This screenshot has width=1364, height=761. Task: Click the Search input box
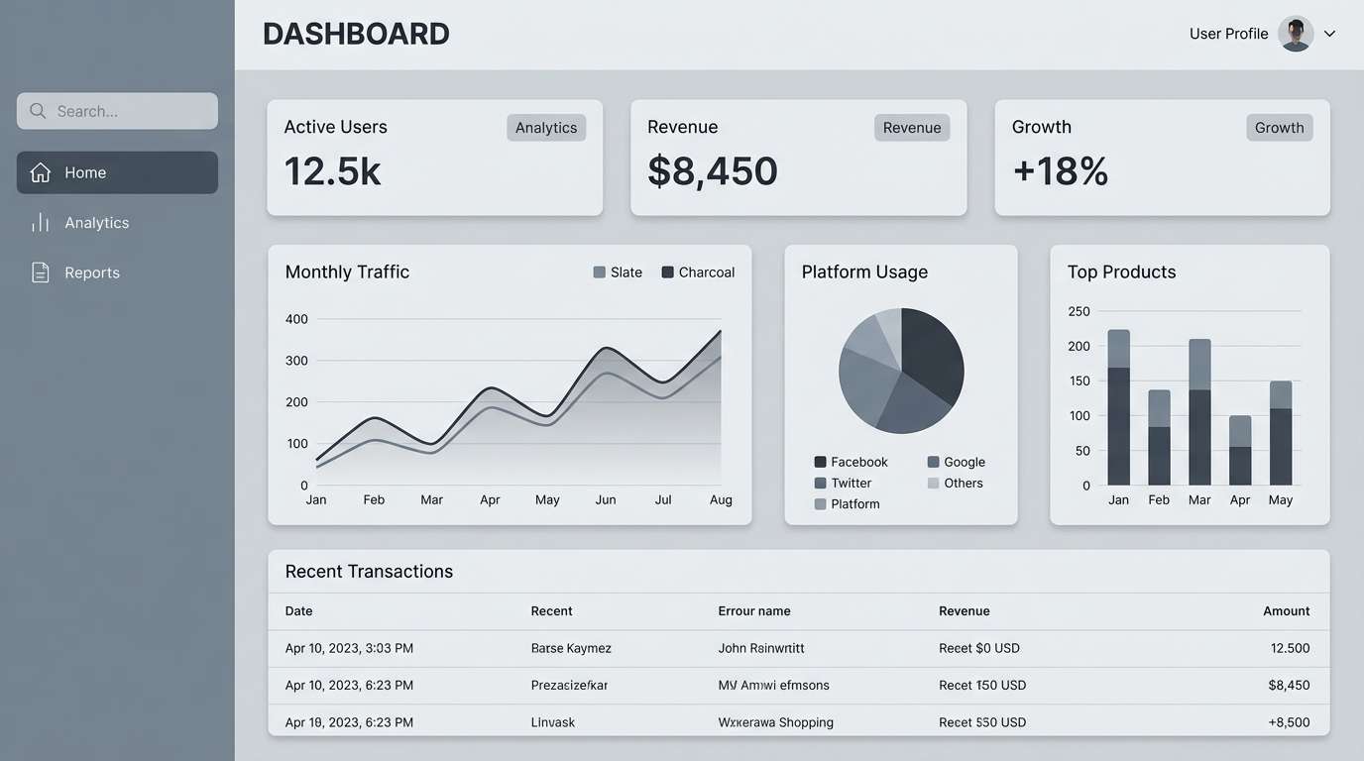point(117,111)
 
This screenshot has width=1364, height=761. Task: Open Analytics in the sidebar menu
point(96,223)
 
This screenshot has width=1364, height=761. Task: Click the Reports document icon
point(41,272)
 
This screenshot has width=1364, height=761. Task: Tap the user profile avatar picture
point(1296,34)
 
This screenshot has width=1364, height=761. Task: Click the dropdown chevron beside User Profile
point(1330,34)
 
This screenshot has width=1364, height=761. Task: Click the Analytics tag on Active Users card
point(546,128)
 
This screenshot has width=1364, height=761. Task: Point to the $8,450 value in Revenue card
point(713,171)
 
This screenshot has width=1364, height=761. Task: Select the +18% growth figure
point(1060,171)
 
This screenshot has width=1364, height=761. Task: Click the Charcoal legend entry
point(699,272)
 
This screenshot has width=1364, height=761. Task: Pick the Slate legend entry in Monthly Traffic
point(618,272)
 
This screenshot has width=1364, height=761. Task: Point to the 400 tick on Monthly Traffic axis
point(296,319)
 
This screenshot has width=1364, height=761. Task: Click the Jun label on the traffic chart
point(606,499)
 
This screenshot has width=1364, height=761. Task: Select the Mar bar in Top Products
point(1199,411)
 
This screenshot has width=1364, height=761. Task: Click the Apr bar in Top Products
point(1240,450)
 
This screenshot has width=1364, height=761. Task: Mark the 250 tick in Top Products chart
point(1079,311)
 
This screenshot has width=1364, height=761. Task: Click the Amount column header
point(1286,611)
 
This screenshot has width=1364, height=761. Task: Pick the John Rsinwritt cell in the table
point(761,648)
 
